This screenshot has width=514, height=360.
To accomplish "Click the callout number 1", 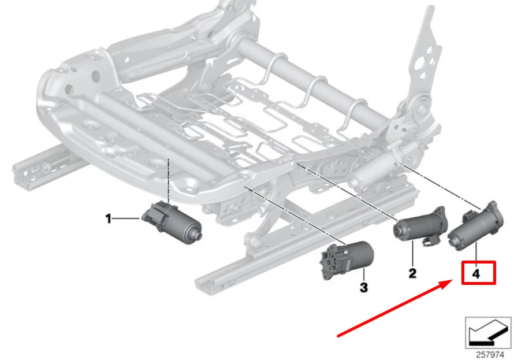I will [107, 218].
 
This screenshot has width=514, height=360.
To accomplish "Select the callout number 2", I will [412, 273].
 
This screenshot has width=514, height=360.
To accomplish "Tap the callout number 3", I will [363, 287].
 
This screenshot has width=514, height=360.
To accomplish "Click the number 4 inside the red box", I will [476, 274].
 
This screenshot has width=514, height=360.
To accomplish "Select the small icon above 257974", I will [488, 332].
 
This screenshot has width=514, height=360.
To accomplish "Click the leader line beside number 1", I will [127, 218].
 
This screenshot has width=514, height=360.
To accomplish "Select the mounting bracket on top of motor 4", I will [491, 208].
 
